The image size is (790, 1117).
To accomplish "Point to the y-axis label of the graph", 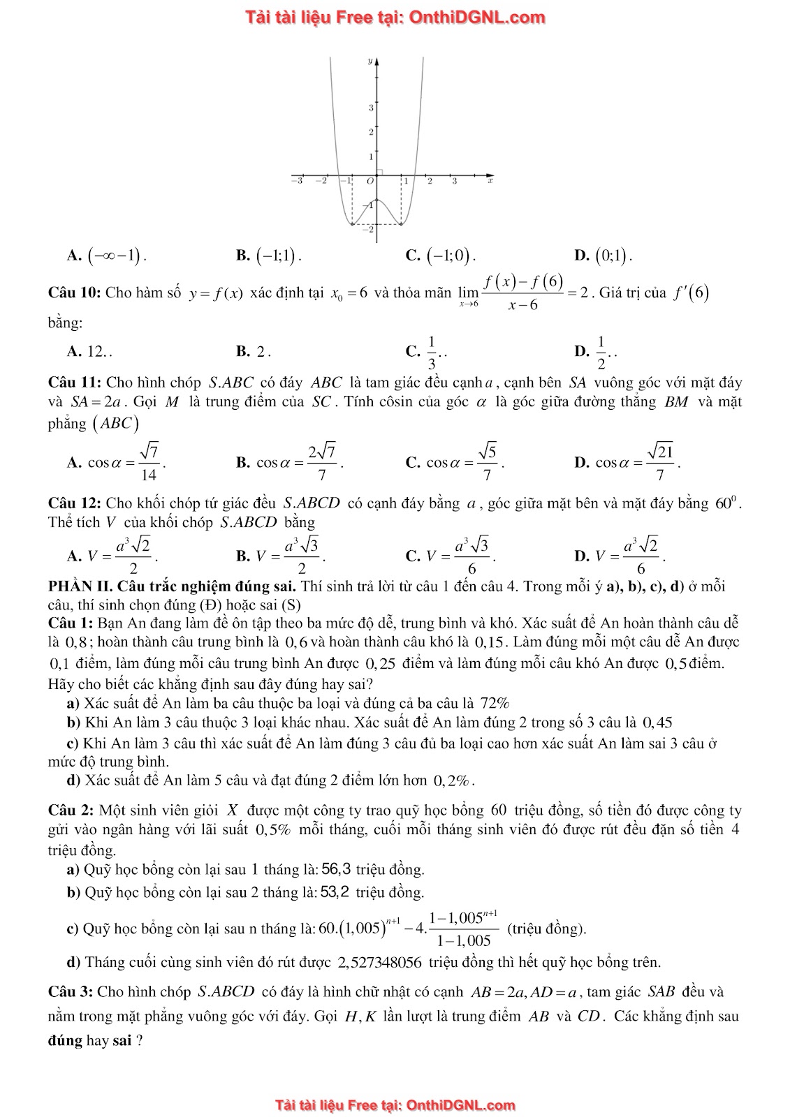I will point(370,62).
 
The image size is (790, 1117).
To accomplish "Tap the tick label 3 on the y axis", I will point(371,108).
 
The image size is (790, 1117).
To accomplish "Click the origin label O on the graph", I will point(370,181).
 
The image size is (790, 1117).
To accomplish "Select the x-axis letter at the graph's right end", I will point(490,180).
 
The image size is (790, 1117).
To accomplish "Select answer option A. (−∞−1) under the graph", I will point(108,256).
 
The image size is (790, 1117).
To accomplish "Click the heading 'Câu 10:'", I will point(74,293).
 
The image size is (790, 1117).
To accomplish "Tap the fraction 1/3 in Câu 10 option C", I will point(431,352).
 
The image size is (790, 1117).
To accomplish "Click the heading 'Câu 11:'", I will point(74,383).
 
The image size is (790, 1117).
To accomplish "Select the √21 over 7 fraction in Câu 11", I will point(659,462).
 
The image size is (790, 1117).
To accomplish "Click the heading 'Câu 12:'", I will point(74,503).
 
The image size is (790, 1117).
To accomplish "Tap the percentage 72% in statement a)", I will point(495,703).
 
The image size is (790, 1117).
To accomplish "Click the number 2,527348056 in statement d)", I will point(380,963).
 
